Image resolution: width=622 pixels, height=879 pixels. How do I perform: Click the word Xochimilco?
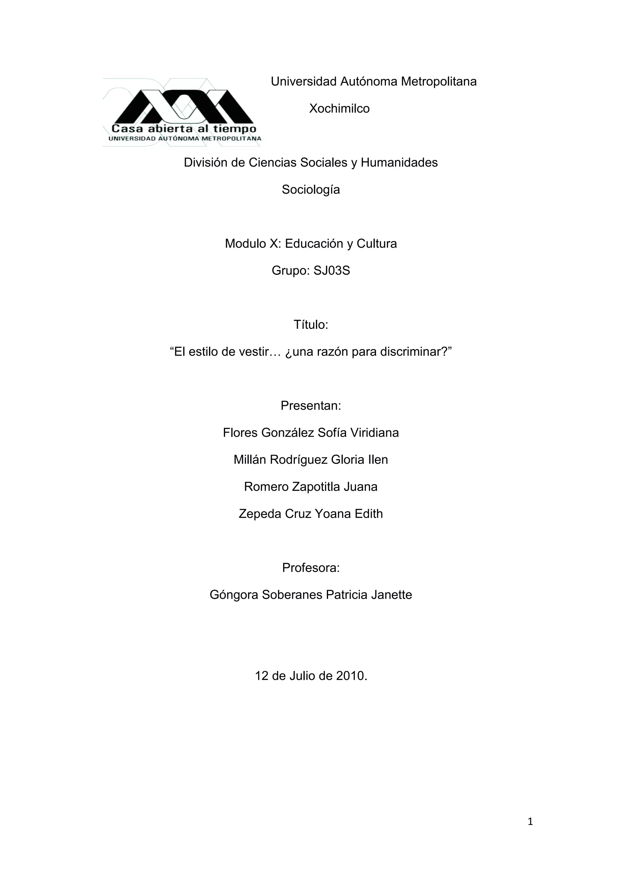pos(339,109)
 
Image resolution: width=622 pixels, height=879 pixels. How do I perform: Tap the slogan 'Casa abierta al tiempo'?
pos(184,129)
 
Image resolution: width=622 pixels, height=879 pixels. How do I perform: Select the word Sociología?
pos(311,189)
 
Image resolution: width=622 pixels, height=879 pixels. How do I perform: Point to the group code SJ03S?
pos(332,271)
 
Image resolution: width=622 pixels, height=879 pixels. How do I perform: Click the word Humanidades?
pos(399,163)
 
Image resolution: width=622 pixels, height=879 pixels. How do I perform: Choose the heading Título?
pos(311,325)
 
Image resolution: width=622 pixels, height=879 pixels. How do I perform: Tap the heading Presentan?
pos(311,406)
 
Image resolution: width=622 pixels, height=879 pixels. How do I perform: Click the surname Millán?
pos(250,460)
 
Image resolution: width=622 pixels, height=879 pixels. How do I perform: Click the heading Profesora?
pos(311,568)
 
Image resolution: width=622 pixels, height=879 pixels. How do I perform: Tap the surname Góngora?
pos(234,595)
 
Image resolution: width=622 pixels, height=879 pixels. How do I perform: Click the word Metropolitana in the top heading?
pos(439,82)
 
